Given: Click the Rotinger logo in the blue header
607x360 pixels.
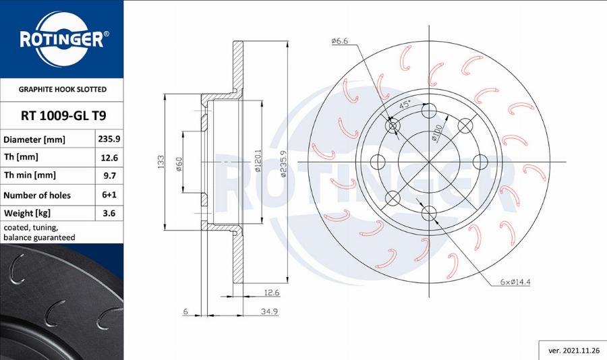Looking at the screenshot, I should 61,39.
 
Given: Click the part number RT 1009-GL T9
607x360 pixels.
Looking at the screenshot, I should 61,115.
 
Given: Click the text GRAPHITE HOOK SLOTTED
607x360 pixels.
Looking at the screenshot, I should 62,89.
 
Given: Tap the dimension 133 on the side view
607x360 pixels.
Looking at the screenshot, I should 161,162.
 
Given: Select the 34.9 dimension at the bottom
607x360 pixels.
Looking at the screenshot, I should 269,311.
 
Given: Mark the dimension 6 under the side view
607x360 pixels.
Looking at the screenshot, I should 184,311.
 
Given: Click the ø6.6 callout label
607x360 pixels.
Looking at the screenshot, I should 339,42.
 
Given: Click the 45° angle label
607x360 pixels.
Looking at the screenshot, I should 405,105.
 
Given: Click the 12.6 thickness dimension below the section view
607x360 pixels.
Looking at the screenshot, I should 271,293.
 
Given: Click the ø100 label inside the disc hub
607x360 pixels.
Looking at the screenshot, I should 437,133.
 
